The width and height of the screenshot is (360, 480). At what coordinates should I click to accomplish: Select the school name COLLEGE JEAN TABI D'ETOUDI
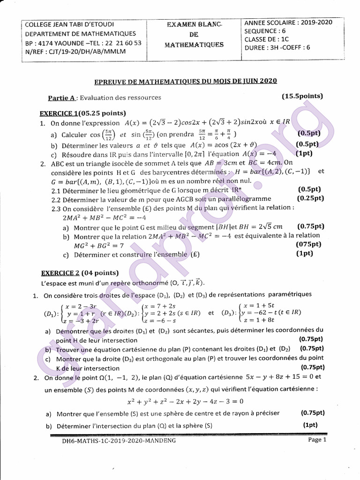tap(69, 24)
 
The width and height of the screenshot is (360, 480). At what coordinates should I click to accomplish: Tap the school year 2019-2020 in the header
tap(317, 22)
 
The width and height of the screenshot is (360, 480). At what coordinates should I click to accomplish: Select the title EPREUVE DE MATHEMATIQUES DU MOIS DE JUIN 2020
tap(186, 81)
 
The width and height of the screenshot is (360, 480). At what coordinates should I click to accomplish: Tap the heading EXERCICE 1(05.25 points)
tap(83, 113)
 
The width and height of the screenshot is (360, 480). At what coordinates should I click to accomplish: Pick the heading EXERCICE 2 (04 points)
tap(80, 273)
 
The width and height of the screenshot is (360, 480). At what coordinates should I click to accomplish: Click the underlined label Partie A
tap(61, 98)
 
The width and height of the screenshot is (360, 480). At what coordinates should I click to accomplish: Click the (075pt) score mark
tap(309, 244)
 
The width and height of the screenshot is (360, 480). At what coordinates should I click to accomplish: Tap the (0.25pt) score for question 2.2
tap(309, 198)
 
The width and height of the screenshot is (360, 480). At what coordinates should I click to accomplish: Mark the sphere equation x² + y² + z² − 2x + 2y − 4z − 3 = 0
tap(186, 401)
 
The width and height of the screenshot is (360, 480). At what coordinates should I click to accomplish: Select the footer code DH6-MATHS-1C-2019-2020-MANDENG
tap(119, 441)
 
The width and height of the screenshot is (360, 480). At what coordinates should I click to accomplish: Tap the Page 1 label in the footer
tap(317, 440)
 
